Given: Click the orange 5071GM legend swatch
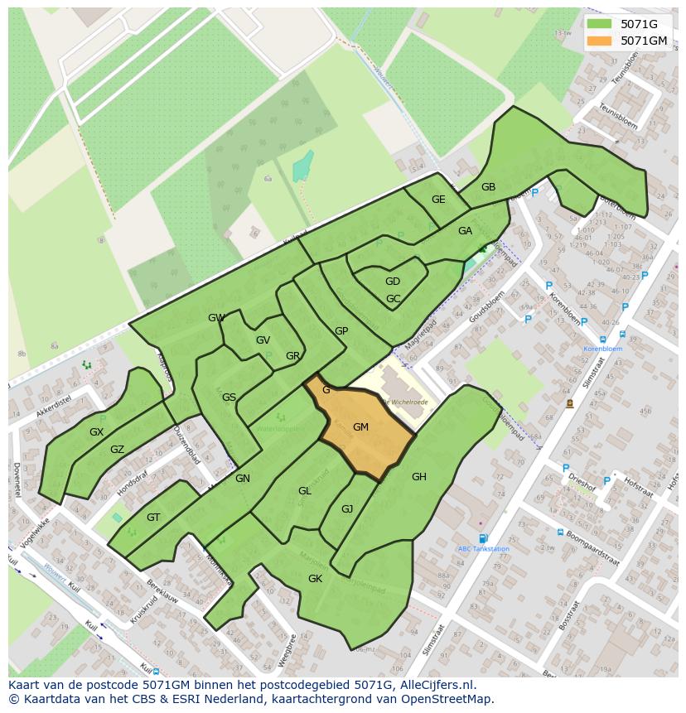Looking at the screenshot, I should [602, 41].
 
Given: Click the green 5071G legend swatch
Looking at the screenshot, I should [602, 24].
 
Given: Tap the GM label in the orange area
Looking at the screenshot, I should [360, 427].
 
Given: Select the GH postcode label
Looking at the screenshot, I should [419, 476].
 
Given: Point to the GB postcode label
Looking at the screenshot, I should [488, 187].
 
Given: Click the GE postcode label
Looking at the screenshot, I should [438, 200].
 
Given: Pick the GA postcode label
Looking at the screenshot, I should [465, 231].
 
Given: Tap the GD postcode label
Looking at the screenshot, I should [393, 282].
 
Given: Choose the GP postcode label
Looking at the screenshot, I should [341, 331].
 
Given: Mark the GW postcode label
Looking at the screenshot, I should [216, 318].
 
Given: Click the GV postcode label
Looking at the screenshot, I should [263, 340].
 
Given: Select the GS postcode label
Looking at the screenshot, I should [229, 397].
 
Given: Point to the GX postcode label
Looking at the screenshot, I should [97, 432].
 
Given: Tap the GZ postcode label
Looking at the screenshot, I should [117, 450].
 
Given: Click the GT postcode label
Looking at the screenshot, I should [153, 518].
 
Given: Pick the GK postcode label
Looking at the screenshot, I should [315, 579].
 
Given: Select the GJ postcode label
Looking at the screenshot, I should [347, 509].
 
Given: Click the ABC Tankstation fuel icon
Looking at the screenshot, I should [483, 539].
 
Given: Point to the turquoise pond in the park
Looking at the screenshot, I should [302, 166].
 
